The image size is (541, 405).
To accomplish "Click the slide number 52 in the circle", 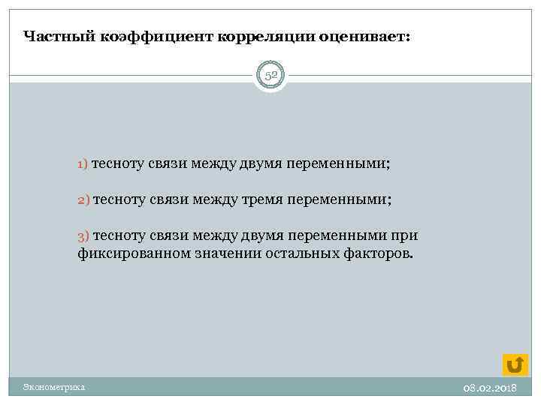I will tap(270, 76).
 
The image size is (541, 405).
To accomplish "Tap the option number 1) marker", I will tap(83, 163).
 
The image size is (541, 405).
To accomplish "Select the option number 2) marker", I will tap(83, 199).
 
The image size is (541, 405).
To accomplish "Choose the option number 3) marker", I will tap(83, 236).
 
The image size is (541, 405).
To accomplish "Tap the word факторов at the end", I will tap(380, 253).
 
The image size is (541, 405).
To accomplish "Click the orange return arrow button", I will tap(515, 364).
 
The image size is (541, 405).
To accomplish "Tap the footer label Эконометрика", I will tap(53, 387).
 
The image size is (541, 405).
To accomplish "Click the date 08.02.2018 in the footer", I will tap(489, 388).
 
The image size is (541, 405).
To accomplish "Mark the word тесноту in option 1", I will tap(118, 163).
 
